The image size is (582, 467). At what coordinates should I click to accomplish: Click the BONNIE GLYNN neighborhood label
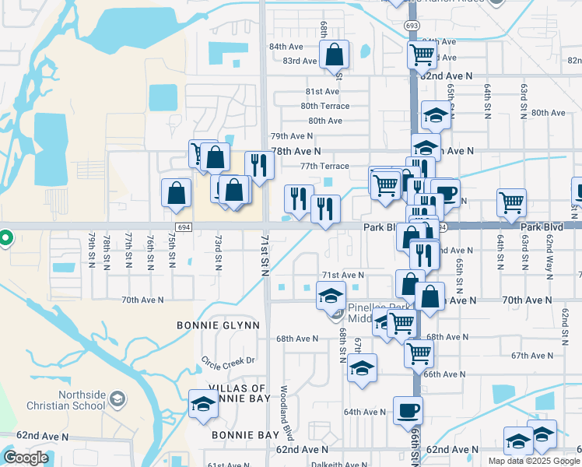218,325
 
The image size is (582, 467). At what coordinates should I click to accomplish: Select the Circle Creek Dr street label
228,360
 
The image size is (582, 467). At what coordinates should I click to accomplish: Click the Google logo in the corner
26,458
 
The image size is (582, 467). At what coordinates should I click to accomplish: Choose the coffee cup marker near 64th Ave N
408,409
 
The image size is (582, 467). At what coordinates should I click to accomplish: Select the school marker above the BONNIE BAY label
204,403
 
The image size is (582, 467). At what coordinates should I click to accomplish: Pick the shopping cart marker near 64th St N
511,202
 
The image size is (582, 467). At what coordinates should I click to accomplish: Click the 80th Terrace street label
325,106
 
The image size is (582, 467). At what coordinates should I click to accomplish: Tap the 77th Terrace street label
325,166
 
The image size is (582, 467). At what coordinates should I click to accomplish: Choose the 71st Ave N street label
343,275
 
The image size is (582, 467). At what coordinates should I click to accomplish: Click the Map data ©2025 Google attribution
534,461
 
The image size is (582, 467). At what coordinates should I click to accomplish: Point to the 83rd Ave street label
300,61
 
